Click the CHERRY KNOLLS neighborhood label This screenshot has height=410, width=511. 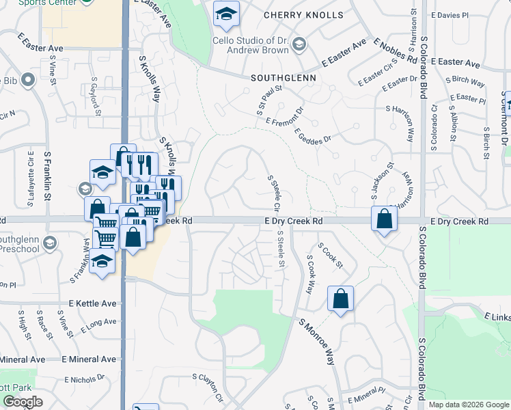point(293,14)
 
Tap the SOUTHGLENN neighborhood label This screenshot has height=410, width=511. point(283,78)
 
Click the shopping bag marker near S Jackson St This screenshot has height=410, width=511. point(385,219)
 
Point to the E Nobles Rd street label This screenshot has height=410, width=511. point(395,51)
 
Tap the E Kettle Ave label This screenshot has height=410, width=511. point(93,301)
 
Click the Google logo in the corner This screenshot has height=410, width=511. point(23,402)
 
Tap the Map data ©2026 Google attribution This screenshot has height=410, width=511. point(468,405)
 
